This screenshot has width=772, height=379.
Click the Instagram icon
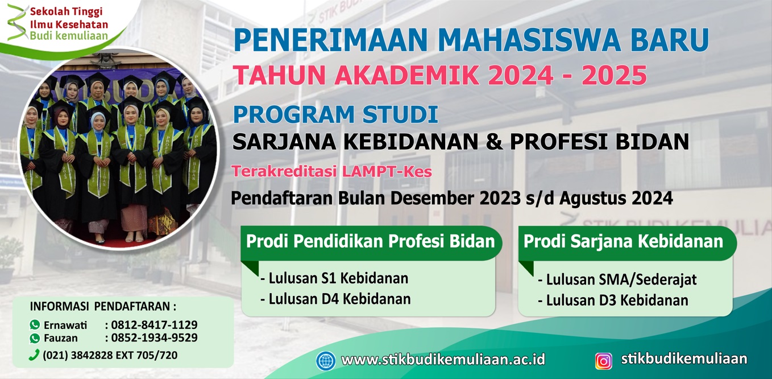[x=604, y=361]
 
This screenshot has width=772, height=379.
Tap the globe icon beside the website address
[x=326, y=361]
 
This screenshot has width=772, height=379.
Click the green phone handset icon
[x=34, y=355]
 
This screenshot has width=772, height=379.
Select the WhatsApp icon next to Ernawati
[x=35, y=324]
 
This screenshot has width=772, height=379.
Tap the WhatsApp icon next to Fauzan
[x=35, y=338]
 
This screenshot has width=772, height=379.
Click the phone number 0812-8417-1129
[x=155, y=324]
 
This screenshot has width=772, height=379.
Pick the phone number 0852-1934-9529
[x=155, y=337]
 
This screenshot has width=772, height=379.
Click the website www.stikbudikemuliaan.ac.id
[x=443, y=360]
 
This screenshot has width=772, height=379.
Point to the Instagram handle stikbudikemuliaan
[x=684, y=359]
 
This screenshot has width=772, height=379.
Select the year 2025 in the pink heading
[x=615, y=75]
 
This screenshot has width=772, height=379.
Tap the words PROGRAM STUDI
[x=335, y=114]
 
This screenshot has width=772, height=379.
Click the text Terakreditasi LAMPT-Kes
[x=331, y=171]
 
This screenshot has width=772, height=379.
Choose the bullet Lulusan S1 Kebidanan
[x=334, y=278]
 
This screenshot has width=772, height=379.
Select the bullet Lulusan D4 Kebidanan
[x=335, y=299]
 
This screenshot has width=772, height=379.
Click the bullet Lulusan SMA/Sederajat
[x=617, y=279]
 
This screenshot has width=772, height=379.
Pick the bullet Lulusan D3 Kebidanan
[x=613, y=300]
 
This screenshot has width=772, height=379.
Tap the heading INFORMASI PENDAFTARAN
[x=103, y=306]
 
